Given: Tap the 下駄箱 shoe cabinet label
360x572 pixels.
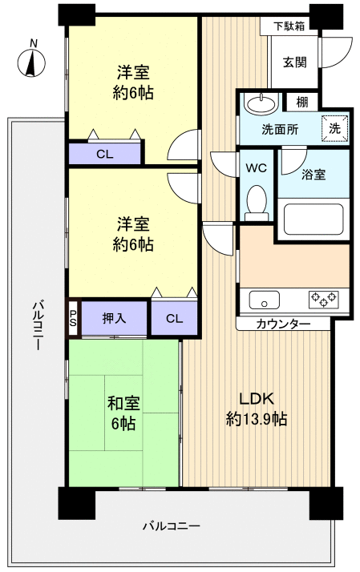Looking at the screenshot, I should (x=288, y=25).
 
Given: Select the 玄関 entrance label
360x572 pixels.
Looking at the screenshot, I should (x=294, y=62).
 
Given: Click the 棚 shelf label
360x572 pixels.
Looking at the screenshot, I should (x=301, y=102).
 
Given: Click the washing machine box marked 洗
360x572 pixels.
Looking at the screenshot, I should (x=335, y=128).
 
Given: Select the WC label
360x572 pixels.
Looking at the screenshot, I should (x=257, y=168).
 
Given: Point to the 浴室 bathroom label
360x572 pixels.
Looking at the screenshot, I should (x=313, y=174).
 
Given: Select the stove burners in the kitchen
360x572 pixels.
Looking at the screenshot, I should (x=324, y=300).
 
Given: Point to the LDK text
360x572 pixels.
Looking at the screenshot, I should (x=257, y=398).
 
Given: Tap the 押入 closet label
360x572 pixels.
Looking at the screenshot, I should (x=114, y=319).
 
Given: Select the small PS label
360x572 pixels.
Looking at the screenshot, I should (x=73, y=319).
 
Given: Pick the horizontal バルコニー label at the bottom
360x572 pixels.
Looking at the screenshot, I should (x=172, y=526).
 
